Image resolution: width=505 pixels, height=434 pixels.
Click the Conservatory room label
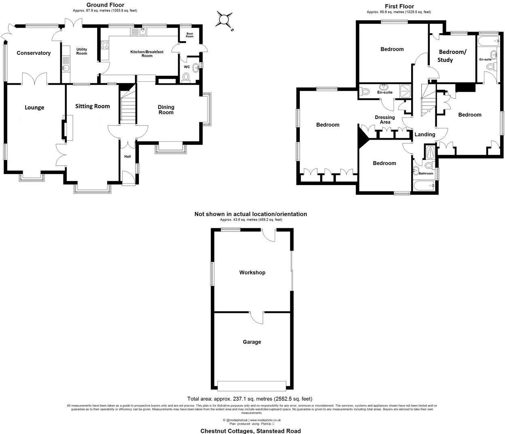34,53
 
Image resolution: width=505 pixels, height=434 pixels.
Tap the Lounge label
34,107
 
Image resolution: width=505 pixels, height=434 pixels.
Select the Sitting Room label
93,106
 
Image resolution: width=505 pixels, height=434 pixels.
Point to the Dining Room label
166,110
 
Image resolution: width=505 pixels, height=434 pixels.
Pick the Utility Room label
82,51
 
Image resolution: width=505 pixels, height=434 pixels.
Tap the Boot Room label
190,35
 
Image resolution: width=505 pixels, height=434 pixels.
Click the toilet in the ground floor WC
187,77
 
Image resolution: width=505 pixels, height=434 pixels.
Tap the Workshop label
252,272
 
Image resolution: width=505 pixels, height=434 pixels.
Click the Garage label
252,342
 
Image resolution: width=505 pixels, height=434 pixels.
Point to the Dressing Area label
385,119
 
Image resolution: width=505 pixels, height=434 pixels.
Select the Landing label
424,134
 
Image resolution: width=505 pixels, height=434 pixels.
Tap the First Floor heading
399,6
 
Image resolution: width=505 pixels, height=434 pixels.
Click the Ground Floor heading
105,5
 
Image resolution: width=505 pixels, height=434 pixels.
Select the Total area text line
250,399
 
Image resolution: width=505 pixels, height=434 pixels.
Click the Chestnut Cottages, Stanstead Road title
250,431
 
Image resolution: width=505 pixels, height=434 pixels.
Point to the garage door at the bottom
252,384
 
